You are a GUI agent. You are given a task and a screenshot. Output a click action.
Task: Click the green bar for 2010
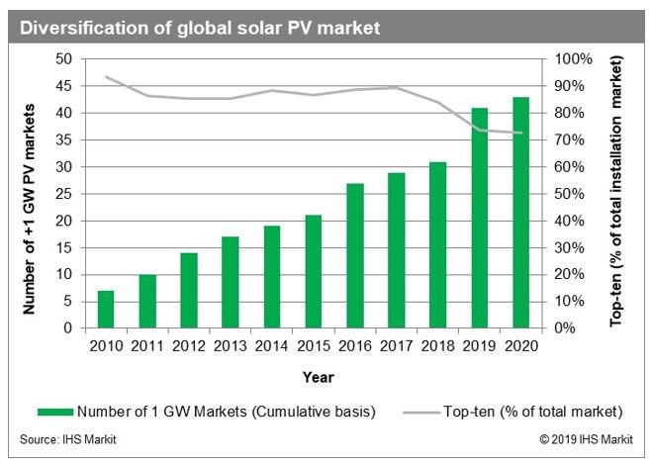pos(105,309)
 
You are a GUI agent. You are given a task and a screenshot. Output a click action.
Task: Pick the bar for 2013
pos(231,282)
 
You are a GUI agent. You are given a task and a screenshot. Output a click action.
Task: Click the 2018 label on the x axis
pos(438,345)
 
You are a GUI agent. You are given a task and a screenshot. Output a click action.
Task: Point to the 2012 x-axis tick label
pos(188,345)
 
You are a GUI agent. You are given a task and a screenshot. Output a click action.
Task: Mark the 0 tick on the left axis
pos(68,327)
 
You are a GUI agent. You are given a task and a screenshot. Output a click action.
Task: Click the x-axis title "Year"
pos(318,376)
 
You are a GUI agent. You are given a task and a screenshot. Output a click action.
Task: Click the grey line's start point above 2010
pos(105,77)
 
